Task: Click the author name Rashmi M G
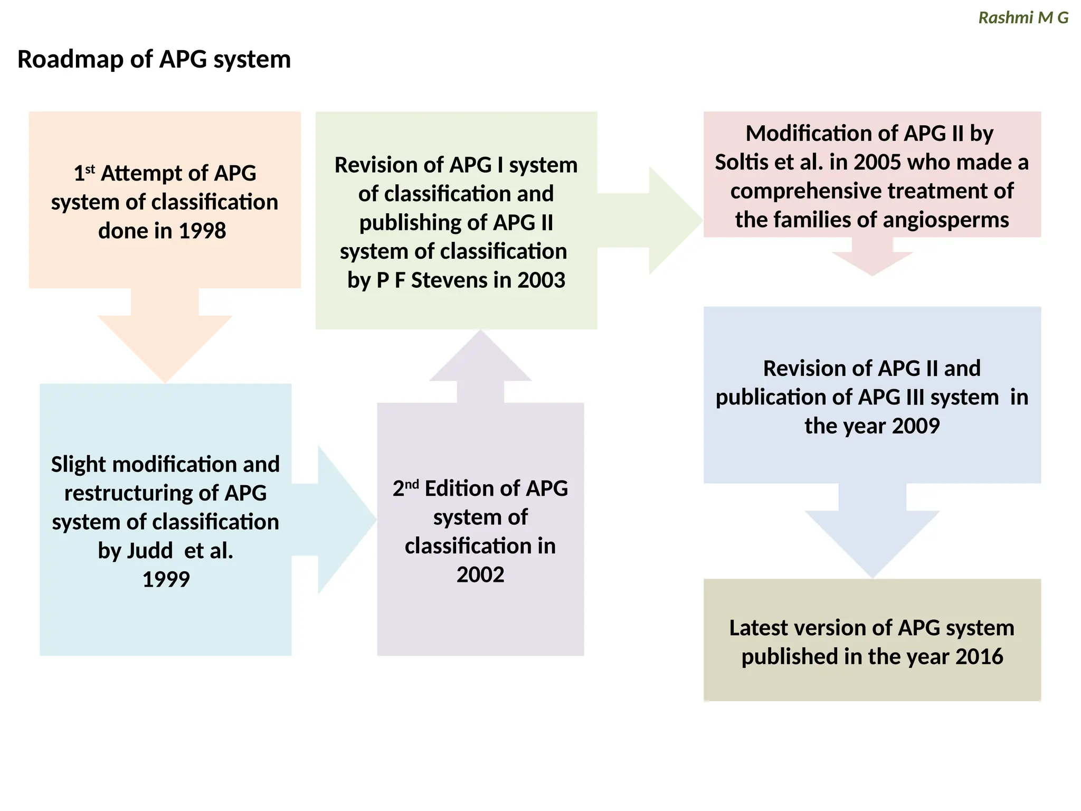[x=1023, y=18]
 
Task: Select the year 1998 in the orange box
[x=202, y=231]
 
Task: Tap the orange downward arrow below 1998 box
[x=165, y=338]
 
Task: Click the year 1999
[x=166, y=579]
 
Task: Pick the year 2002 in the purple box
[x=480, y=574]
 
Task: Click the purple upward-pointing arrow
[x=480, y=370]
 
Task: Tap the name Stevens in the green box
[x=448, y=280]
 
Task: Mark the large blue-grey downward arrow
[x=872, y=533]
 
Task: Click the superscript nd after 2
[x=412, y=483]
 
